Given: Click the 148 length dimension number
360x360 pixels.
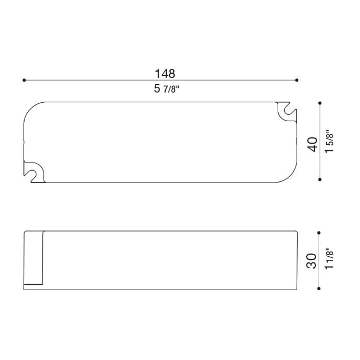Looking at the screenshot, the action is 165,73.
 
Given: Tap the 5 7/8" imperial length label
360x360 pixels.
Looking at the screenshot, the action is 166,89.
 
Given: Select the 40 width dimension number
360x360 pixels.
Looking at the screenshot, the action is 312,144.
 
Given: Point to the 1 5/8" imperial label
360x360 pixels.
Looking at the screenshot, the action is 329,142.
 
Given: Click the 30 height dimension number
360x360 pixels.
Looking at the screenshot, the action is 311,261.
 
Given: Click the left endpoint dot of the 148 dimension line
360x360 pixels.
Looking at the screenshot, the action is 24,80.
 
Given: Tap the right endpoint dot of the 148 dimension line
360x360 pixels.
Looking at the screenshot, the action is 297,80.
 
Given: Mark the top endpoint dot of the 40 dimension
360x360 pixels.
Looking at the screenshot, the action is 320,103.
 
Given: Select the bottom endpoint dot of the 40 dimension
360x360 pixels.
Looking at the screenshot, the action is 320,179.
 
